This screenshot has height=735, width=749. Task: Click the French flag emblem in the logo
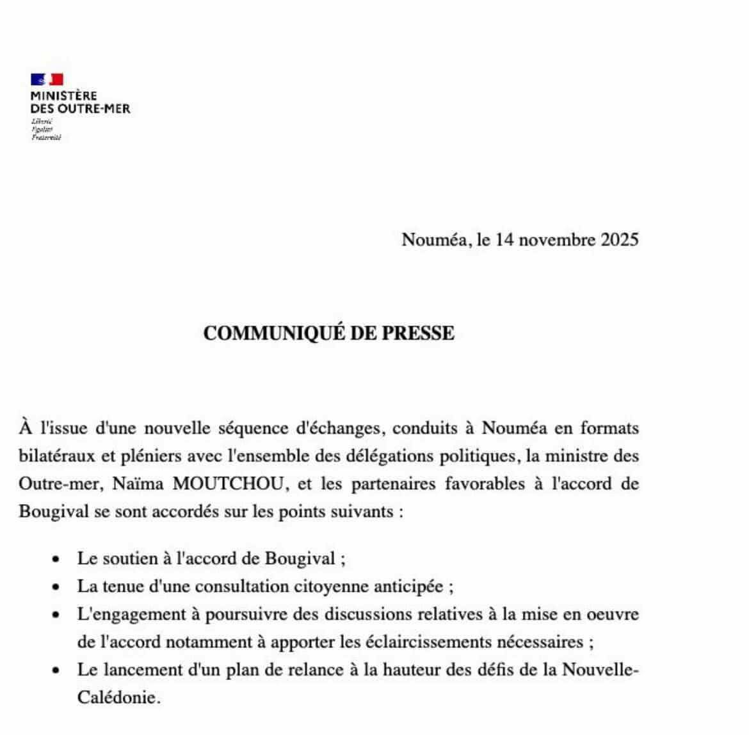point(47,79)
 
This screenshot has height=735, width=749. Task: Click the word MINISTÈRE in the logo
point(64,96)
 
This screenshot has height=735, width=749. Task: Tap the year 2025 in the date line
point(619,240)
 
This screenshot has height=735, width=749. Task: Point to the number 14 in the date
point(506,240)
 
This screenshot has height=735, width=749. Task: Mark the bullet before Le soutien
point(57,559)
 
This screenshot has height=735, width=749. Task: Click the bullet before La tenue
point(57,587)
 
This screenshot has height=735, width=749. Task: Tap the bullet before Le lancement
point(57,670)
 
